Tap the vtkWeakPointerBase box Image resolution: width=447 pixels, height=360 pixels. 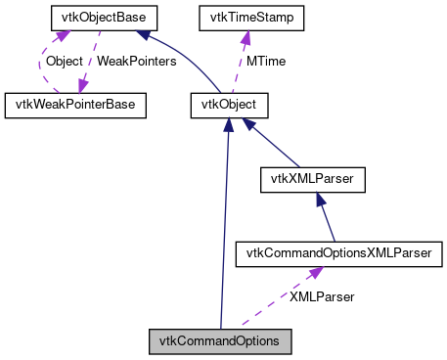coord(75,104)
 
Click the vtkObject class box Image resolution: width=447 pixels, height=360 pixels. coord(228,104)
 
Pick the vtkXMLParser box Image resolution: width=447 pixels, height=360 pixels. coord(313,179)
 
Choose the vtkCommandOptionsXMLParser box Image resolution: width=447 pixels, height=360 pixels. coord(340,254)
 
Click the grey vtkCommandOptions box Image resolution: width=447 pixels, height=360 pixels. coord(221,341)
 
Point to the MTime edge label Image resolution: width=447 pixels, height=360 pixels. coord(265,61)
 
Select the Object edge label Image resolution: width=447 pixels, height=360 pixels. coord(65,61)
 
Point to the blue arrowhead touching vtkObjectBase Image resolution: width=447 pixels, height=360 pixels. coord(144,35)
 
